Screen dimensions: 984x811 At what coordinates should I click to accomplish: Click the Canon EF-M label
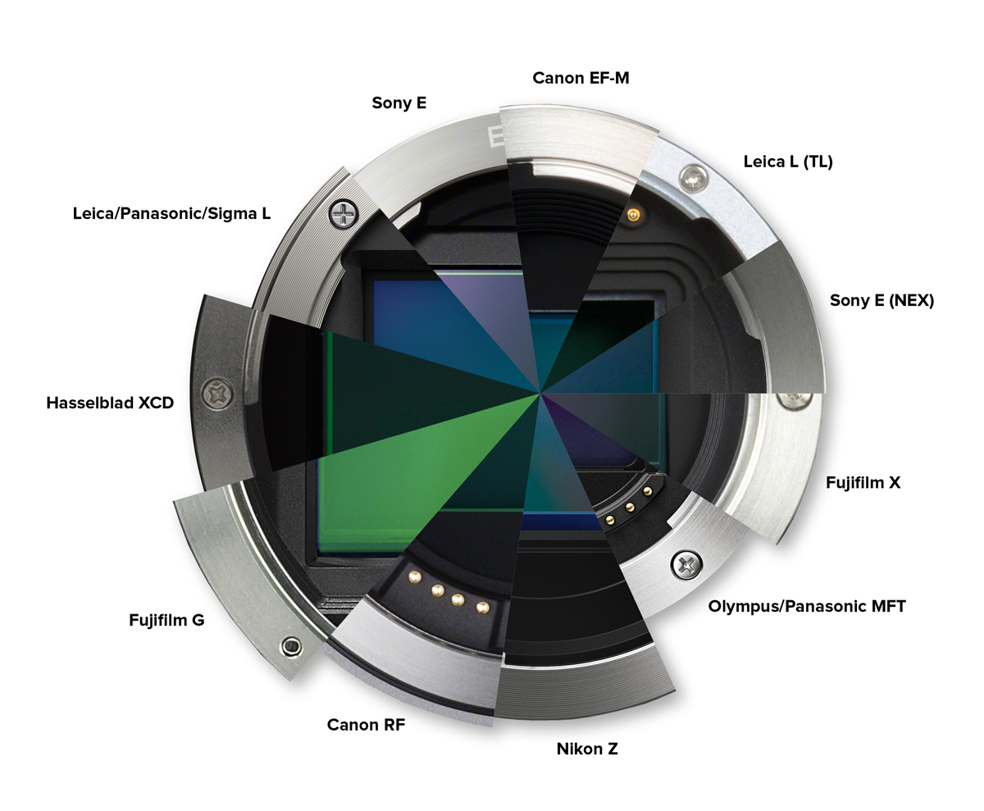click(581, 78)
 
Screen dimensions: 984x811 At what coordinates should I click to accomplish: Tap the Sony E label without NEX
click(399, 103)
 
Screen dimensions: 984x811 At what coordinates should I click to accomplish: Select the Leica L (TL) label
click(788, 162)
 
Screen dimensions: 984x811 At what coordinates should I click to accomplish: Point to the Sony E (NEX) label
click(881, 300)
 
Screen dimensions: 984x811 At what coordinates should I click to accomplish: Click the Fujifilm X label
click(863, 482)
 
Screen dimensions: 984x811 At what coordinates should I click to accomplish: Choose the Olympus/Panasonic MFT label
click(806, 606)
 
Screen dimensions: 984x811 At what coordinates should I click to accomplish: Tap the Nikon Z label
click(587, 749)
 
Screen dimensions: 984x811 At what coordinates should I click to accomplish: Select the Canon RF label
click(366, 724)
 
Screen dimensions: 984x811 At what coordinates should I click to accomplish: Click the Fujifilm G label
click(166, 620)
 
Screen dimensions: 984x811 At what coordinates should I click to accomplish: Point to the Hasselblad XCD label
click(110, 403)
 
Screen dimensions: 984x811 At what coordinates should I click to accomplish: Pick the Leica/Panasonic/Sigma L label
click(171, 213)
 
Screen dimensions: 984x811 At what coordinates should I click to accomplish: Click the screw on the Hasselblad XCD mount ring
click(217, 394)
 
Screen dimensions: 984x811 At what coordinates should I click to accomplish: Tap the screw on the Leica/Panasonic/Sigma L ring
click(343, 214)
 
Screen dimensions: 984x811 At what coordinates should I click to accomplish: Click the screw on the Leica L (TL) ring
click(693, 178)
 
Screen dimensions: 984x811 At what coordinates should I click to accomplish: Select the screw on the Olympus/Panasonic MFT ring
click(686, 564)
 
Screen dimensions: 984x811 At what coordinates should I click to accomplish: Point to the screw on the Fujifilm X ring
click(795, 399)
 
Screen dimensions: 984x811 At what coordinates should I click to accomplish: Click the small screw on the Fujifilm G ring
click(291, 646)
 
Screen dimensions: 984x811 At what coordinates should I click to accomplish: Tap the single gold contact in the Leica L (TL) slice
click(633, 216)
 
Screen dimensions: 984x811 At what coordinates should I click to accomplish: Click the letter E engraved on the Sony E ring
click(494, 136)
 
